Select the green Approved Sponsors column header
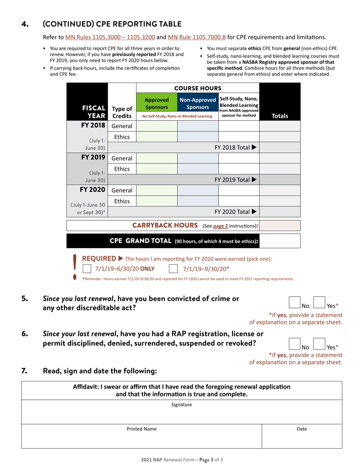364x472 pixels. [157, 102]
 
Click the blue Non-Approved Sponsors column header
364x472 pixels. [198, 102]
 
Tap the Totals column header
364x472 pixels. [280, 116]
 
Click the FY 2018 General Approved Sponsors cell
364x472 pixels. [157, 126]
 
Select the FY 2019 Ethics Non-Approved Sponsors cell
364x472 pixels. [198, 168]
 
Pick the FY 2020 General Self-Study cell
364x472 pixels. [239, 190]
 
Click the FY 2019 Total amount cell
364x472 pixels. [280, 180]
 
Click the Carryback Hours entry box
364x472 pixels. [280, 226]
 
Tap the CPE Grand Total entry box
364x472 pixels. [280, 241]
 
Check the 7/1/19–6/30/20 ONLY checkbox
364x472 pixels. [87, 269]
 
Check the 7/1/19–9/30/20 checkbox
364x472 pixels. [173, 269]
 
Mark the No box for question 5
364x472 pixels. [294, 302]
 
